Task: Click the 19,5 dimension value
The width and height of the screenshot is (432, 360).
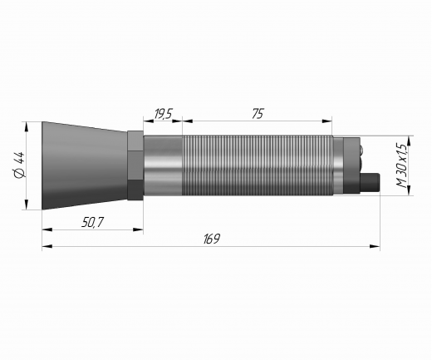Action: tap(163, 114)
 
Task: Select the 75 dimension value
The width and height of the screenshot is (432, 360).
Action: tap(258, 114)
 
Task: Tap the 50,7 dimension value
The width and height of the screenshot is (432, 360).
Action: tap(92, 222)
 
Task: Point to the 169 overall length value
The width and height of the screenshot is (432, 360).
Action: tap(212, 239)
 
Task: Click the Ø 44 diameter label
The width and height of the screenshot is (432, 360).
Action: tap(20, 165)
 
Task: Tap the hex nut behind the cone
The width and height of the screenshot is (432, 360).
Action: tap(135, 165)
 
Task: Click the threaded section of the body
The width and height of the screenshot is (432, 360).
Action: tap(258, 165)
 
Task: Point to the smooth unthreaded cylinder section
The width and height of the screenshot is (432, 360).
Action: tap(163, 165)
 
